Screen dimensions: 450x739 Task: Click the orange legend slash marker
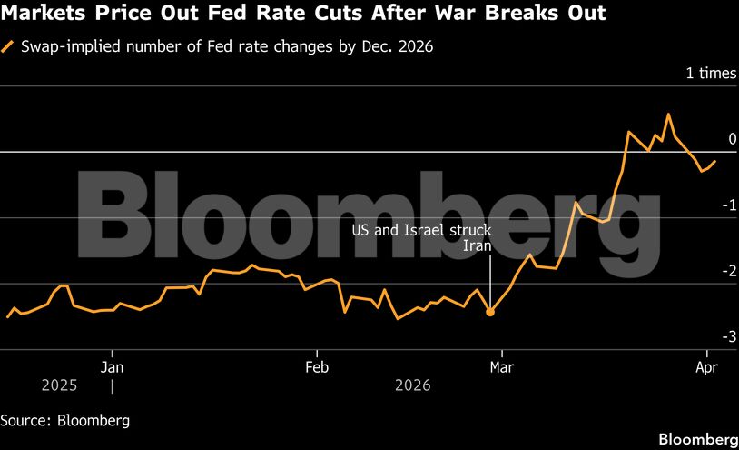[x=8, y=46]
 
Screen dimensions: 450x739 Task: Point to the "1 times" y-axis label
[x=711, y=74]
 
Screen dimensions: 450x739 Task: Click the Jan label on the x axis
[x=113, y=367]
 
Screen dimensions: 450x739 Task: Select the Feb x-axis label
[x=316, y=367]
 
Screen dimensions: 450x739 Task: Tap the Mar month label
[x=501, y=367]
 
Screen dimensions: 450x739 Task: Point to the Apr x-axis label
[x=706, y=367]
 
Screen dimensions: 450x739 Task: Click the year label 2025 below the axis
[x=60, y=385]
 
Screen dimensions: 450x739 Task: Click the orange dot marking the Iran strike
[x=490, y=312]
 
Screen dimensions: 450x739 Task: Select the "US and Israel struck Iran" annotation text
[x=422, y=238]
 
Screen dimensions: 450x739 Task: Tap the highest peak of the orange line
[x=668, y=115]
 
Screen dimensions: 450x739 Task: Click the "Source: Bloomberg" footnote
[x=65, y=420]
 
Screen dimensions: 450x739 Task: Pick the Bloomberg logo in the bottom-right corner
[x=696, y=439]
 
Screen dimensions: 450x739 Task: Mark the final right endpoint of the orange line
[x=715, y=161]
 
